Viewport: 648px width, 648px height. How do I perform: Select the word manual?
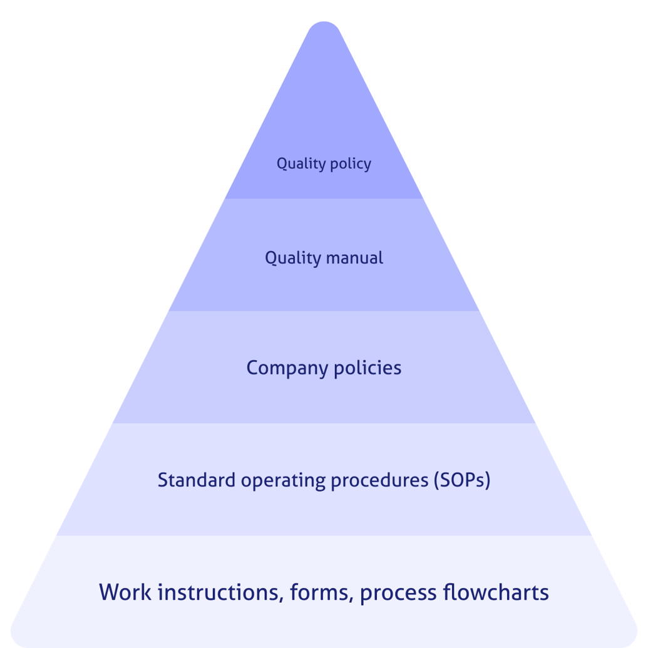[x=352, y=258]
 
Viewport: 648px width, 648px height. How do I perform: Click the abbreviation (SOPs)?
[x=461, y=480]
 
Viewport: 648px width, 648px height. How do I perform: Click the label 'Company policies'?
[x=324, y=368]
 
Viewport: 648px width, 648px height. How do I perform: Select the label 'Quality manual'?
[x=324, y=258]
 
